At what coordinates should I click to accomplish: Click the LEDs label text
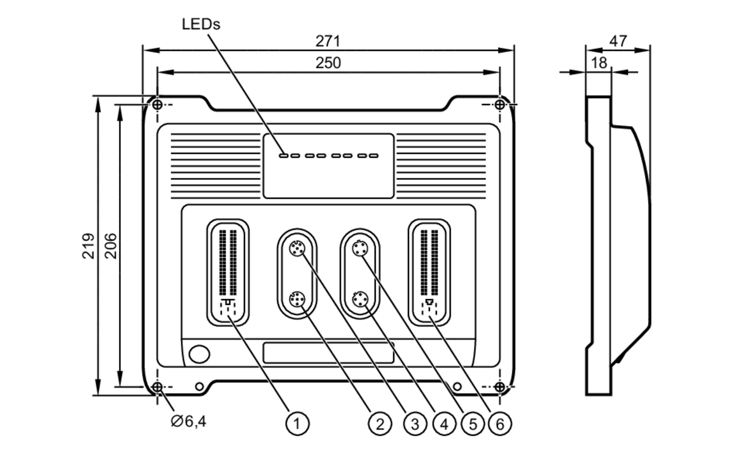pos(201,25)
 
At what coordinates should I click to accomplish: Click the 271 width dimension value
pos(328,41)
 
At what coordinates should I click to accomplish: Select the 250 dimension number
pos(328,63)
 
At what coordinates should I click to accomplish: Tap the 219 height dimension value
pos(88,246)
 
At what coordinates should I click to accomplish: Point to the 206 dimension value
pos(111,246)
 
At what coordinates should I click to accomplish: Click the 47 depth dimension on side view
pos(618,41)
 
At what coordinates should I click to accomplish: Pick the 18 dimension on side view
pos(599,63)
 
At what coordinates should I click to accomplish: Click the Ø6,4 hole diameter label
pos(188,422)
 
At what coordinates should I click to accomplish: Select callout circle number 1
pos(297,424)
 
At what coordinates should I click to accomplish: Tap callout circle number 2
pos(380,424)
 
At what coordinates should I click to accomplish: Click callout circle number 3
pos(415,424)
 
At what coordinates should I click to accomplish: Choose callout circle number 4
pos(444,424)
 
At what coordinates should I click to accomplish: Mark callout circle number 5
pos(473,424)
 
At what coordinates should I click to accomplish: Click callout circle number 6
pos(500,424)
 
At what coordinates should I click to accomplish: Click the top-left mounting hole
pos(157,105)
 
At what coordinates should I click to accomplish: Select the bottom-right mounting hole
pos(500,386)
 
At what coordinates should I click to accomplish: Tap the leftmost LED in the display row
pos(283,156)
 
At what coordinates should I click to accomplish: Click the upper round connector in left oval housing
pos(297,249)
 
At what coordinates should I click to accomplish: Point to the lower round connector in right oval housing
pos(360,299)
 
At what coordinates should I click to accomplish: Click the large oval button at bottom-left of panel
pos(199,354)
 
